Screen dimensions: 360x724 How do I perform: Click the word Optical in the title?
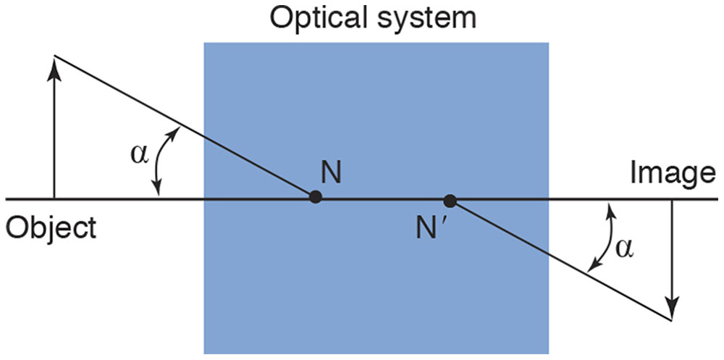tap(316, 17)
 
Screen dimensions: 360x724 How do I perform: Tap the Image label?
tap(672, 173)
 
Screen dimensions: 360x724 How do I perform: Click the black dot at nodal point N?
tap(315, 196)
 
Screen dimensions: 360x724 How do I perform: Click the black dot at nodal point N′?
tap(450, 200)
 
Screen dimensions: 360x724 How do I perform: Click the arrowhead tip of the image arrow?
tap(673, 317)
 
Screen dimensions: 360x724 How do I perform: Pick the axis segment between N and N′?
tap(382, 198)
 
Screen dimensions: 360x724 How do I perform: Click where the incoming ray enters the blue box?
tap(204, 138)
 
